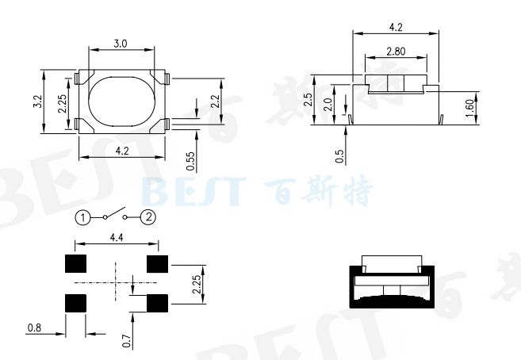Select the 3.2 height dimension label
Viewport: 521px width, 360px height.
[x=38, y=102]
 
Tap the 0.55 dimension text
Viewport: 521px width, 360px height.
[x=190, y=161]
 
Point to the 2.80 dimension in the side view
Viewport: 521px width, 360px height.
[x=397, y=51]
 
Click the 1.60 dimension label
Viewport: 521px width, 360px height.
[x=469, y=108]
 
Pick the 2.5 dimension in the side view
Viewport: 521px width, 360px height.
[x=307, y=101]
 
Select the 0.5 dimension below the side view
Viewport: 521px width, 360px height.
[x=339, y=156]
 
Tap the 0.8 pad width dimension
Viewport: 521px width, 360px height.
[x=34, y=327]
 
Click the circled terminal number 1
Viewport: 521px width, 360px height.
[x=83, y=216]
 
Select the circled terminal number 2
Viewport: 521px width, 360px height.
[x=149, y=216]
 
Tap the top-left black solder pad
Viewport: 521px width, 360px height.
[x=75, y=264]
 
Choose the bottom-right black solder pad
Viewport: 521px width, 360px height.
[x=158, y=303]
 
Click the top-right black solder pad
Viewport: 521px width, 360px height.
[x=158, y=264]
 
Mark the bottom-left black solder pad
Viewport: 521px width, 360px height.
[x=75, y=303]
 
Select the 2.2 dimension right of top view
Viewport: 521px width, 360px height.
[x=215, y=101]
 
